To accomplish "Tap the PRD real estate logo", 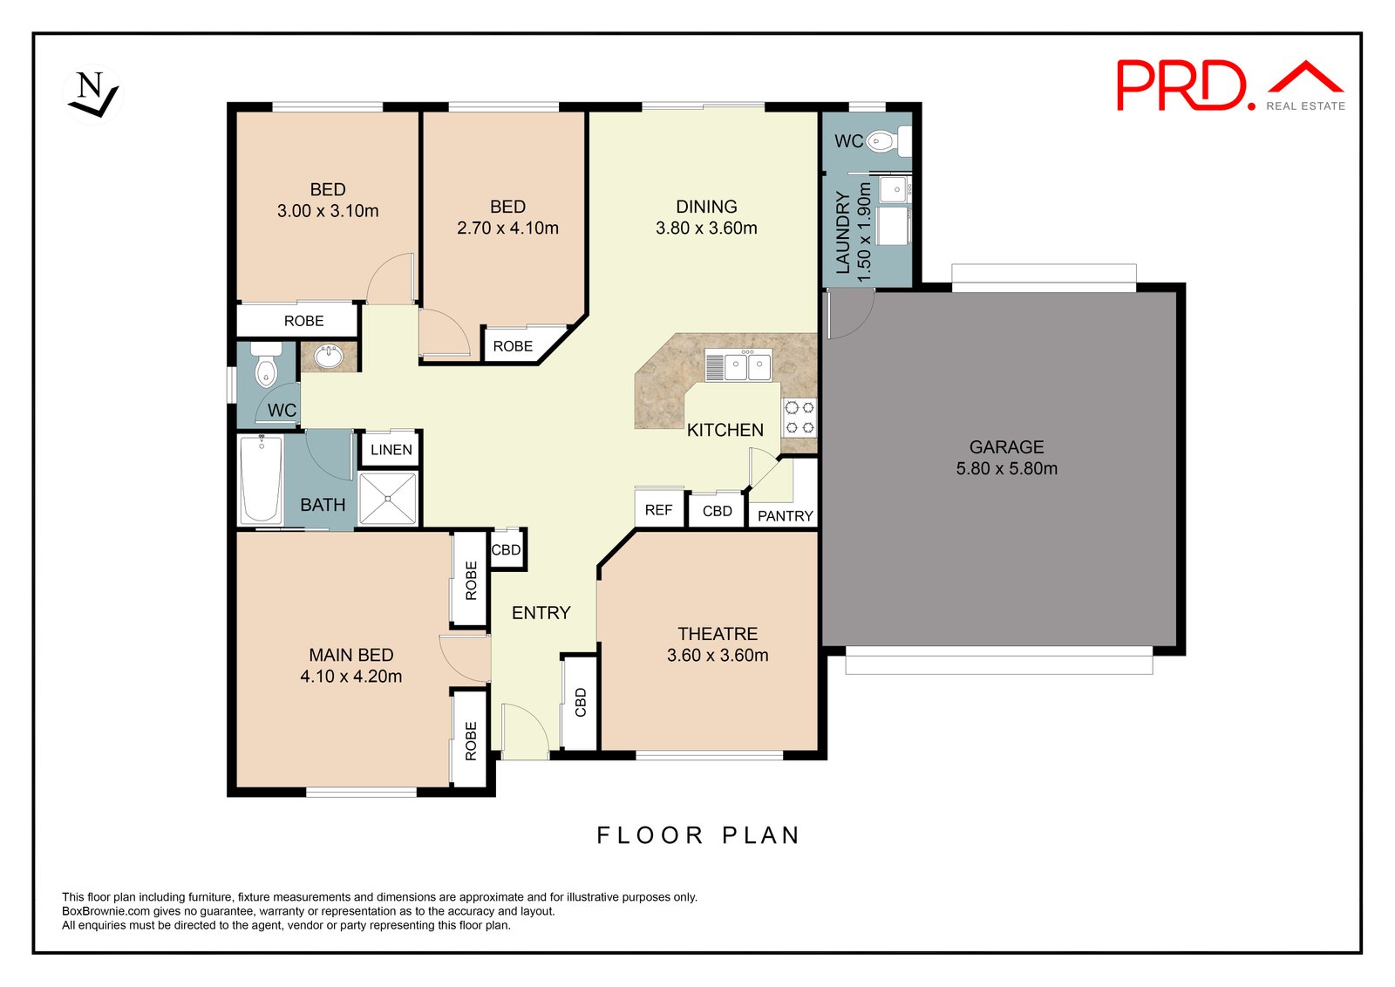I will [1229, 85].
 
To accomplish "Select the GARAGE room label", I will [1006, 447].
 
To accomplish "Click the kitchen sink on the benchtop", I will [748, 366].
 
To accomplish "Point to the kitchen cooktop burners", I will [800, 417].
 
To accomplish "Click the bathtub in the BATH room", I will [261, 479].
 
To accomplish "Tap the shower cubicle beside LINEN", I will [388, 499].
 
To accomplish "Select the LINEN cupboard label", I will [391, 450].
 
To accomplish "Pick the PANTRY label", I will [785, 516].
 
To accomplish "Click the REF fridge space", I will [658, 510].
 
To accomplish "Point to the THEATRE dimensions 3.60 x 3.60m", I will [718, 656].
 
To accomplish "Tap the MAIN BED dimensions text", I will [351, 677].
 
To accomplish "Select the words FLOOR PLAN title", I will [697, 835].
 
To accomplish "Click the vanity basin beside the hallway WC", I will [330, 356].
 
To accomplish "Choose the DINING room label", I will [706, 207].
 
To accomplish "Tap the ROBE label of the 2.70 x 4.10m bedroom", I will [513, 346].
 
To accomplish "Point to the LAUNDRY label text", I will [842, 233].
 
